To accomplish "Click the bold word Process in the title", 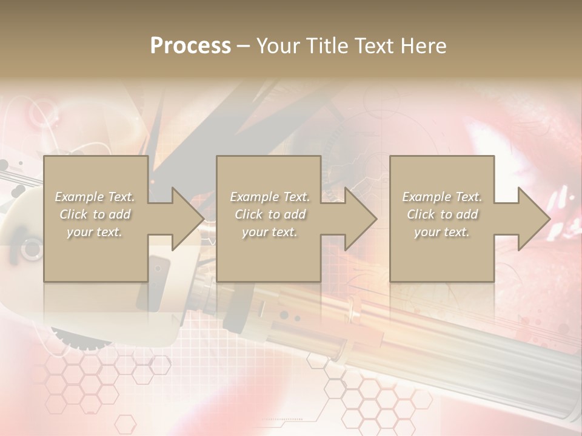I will (190, 46).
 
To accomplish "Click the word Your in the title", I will (279, 46).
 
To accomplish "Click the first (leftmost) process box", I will (96, 254).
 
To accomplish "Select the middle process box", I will (269, 254).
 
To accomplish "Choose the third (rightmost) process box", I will (442, 254).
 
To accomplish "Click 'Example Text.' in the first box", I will (95, 197).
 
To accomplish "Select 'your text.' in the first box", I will (95, 232).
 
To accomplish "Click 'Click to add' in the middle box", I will (270, 214).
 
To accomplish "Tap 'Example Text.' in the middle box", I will (270, 197).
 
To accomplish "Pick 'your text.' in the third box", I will (442, 232).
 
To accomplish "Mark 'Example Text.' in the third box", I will (442, 197).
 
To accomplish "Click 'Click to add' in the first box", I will (95, 214).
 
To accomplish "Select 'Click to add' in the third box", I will (442, 214).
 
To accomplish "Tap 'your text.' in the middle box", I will (270, 232).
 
